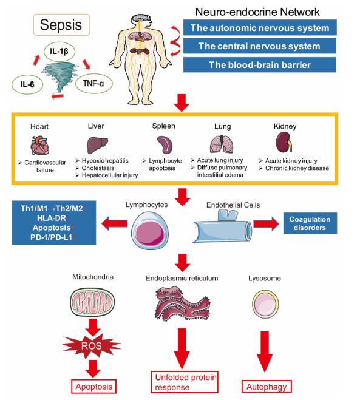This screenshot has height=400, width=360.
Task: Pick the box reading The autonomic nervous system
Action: click(x=260, y=27)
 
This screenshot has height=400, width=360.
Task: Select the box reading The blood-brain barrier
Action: click(x=260, y=65)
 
